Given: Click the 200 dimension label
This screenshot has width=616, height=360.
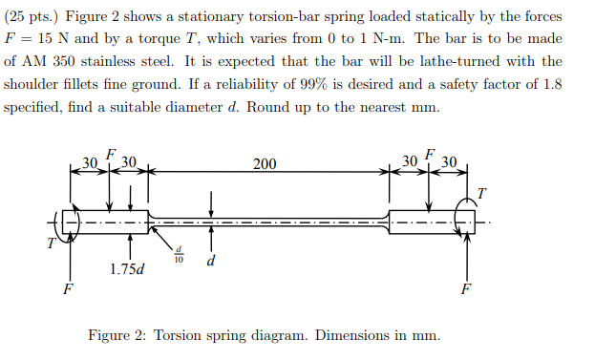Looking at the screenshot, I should click(x=265, y=164).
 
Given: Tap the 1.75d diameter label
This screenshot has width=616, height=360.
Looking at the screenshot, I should click(x=126, y=268).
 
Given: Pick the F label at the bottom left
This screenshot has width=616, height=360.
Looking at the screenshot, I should click(x=66, y=289).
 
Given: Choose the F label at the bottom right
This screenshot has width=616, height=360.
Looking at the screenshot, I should click(x=465, y=287).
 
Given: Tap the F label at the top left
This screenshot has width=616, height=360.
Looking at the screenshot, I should click(x=111, y=154).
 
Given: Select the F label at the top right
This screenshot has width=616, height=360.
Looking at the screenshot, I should click(x=430, y=154).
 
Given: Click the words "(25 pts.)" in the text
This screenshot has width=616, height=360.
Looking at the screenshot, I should click(x=32, y=17).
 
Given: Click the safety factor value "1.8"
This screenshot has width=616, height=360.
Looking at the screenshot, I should click(x=551, y=84).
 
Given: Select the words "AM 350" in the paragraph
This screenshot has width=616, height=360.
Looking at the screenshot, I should click(x=48, y=62).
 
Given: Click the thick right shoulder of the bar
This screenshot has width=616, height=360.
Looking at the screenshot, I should click(x=425, y=222).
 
